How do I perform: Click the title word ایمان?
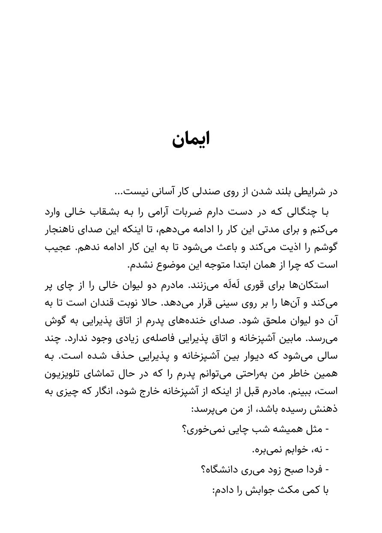[x=191, y=139]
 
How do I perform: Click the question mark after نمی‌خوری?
[x=185, y=429]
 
